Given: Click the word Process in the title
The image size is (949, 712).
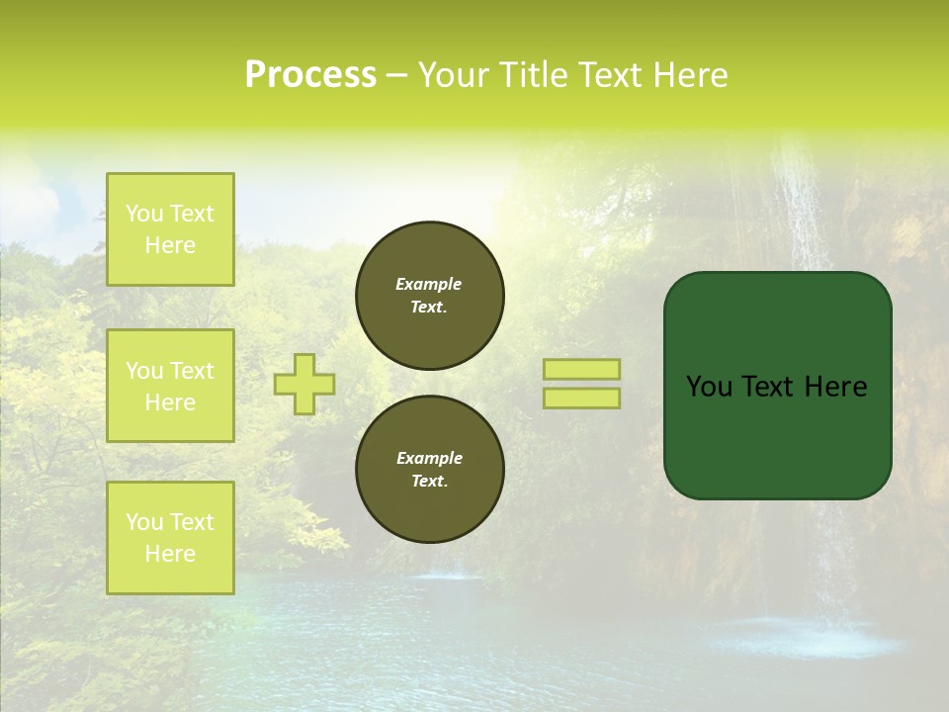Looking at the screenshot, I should (310, 75).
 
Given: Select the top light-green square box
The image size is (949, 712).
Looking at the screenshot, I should (170, 229).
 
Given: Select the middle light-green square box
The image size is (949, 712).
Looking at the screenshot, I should (170, 386).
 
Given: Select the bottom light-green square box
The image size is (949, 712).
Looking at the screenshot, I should (170, 538).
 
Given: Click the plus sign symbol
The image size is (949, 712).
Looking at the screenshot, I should (304, 384).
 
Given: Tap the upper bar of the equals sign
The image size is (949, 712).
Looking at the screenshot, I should (581, 369).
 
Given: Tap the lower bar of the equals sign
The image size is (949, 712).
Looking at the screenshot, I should (581, 399).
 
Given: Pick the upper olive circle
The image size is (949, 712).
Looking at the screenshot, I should (430, 296).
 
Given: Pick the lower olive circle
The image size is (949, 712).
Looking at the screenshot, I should (430, 470).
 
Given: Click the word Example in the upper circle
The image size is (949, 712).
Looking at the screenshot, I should (428, 284).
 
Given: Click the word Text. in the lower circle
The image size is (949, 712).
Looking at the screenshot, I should (429, 482).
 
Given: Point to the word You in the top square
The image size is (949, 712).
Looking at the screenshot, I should (144, 214).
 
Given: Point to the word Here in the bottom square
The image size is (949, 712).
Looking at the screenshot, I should (170, 554).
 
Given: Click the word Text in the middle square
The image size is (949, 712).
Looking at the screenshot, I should (192, 371).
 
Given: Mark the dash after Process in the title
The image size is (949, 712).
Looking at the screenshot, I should (396, 75).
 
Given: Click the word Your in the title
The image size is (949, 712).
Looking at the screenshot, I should (456, 75).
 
